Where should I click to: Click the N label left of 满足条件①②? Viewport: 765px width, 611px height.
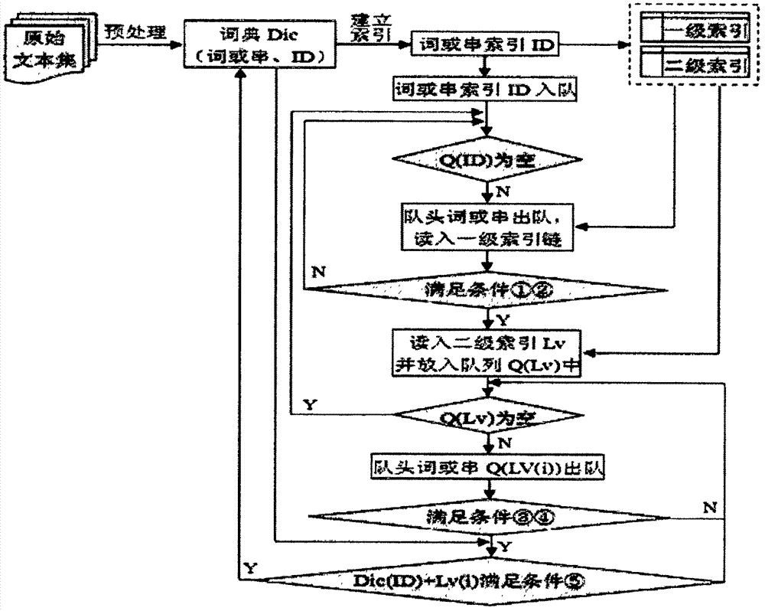[318, 271]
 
